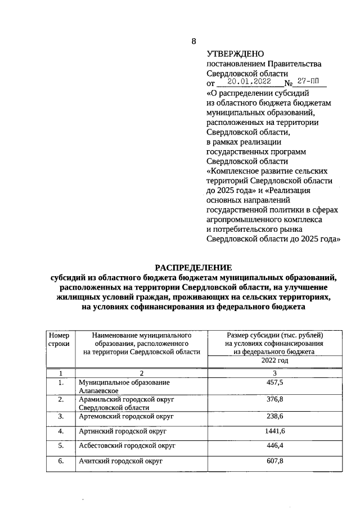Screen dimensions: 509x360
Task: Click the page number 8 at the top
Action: tap(194, 41)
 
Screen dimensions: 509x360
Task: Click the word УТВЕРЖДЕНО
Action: tap(235, 54)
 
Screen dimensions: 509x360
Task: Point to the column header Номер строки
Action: tap(59, 339)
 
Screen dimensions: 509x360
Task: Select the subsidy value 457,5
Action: tap(274, 382)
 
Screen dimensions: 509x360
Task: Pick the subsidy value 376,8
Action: tap(274, 399)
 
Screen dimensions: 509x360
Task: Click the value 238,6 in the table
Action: tap(274, 416)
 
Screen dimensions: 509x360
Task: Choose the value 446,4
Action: tap(274, 445)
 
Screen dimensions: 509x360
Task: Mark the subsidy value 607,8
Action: tap(274, 461)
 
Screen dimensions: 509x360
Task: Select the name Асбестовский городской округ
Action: tap(127, 445)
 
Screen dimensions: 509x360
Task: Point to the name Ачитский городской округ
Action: tap(120, 461)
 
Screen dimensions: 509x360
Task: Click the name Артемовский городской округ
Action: tap(125, 416)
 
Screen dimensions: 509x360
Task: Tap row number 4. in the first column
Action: tap(60, 431)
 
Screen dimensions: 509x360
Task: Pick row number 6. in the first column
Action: tap(60, 461)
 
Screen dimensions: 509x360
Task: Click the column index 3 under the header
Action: tap(274, 373)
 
